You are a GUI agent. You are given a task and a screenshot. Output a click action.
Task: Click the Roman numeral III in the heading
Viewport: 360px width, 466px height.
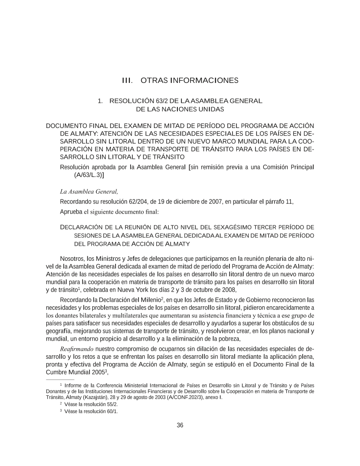(127, 81)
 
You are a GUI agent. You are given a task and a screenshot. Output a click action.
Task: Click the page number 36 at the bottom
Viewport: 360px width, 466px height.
(180, 425)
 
